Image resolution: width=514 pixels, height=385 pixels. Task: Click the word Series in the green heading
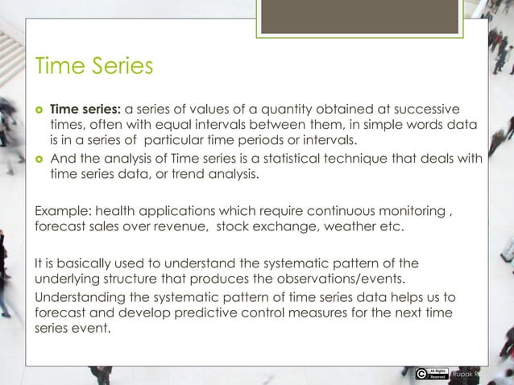coord(120,65)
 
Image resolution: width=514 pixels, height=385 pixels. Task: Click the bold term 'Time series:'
coord(85,109)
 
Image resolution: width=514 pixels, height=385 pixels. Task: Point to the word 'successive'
coord(425,109)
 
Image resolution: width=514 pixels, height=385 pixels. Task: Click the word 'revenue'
coord(180,227)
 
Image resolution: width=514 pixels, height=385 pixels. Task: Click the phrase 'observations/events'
coord(352,279)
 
